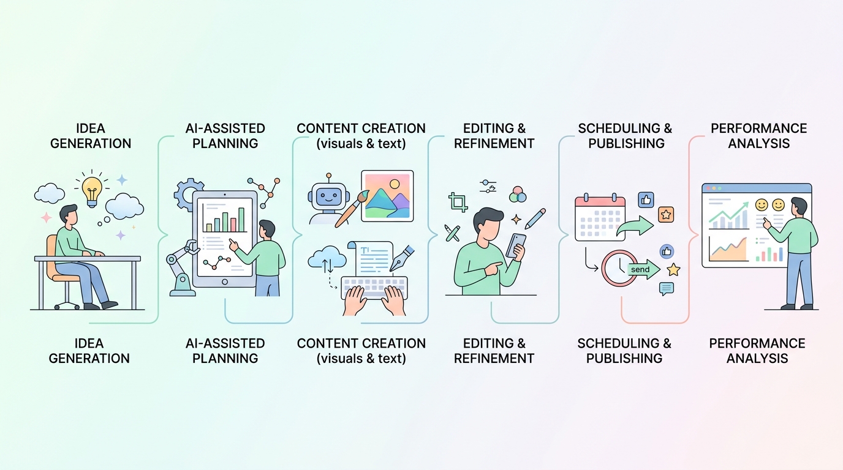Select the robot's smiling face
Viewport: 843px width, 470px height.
click(328, 196)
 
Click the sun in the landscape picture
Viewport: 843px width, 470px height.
click(395, 184)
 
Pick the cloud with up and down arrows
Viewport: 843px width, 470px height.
click(327, 257)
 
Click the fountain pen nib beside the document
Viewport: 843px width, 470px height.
click(401, 258)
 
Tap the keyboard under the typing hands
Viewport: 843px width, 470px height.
click(374, 288)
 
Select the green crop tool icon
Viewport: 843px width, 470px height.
click(458, 203)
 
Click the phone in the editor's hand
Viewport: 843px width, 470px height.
click(516, 245)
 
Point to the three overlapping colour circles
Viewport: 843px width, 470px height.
click(518, 195)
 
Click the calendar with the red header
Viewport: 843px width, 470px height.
click(600, 217)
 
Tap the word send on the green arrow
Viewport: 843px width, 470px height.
click(640, 270)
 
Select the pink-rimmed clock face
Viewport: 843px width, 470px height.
click(619, 268)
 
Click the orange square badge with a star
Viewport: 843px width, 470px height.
click(666, 215)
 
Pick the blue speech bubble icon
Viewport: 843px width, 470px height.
click(667, 289)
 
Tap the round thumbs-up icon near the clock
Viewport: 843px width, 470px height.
click(667, 251)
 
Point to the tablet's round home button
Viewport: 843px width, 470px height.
click(225, 282)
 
